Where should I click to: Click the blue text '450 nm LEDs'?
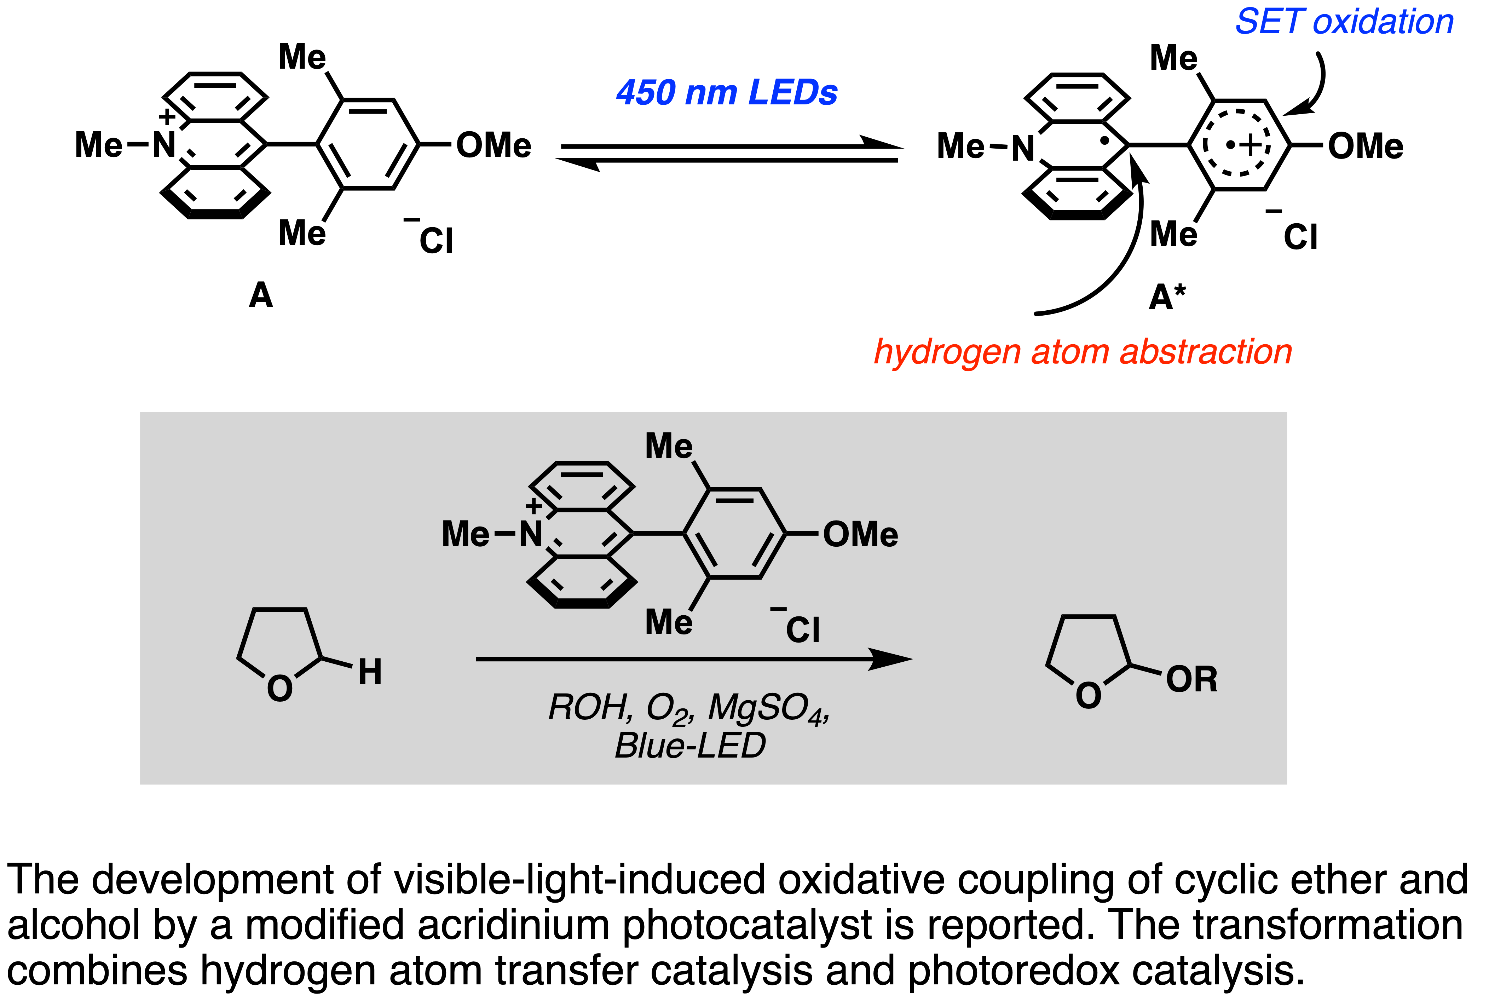point(726,93)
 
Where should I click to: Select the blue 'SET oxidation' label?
point(1344,22)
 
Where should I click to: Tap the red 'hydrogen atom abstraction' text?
point(1083,352)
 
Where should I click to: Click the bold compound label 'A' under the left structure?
point(260,295)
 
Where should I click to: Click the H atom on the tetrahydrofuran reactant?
point(370,672)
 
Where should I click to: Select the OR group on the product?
point(1191,679)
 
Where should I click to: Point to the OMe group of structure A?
point(494,145)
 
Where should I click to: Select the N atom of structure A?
point(164,145)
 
